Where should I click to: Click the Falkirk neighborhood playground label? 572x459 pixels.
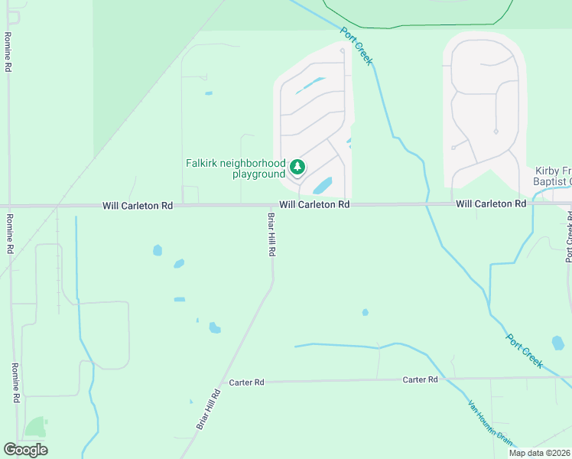(235, 168)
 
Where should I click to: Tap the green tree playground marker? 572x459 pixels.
(297, 166)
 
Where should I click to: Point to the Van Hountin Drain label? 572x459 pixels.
(490, 422)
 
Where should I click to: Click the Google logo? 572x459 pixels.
(25, 450)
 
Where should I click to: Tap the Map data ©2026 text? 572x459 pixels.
(540, 453)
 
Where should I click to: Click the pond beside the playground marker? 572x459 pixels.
(323, 186)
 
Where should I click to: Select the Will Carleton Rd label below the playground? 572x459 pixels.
(314, 205)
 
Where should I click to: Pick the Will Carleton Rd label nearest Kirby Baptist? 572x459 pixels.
(491, 204)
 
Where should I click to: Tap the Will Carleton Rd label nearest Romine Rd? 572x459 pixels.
(138, 206)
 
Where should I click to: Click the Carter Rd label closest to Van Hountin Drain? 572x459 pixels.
(420, 379)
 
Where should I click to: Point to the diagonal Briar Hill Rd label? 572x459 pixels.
(208, 409)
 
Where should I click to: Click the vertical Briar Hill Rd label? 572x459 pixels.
(271, 234)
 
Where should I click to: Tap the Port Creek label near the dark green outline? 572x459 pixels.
(356, 46)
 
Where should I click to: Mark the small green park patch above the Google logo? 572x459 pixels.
(34, 427)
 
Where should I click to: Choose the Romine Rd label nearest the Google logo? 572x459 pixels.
(15, 382)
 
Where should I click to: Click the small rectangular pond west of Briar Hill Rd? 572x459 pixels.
(179, 299)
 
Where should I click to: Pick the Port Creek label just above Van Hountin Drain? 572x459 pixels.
(525, 350)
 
